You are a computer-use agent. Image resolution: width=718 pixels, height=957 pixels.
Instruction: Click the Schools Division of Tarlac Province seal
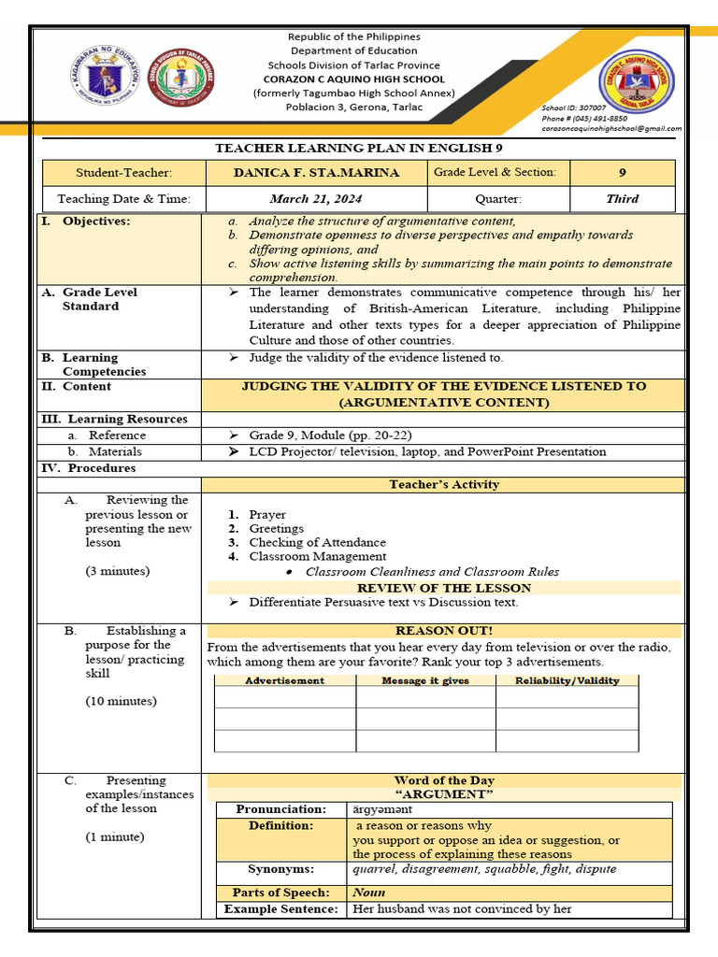pyautogui.click(x=183, y=77)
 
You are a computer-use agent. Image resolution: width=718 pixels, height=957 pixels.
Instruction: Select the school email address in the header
pyautogui.click(x=611, y=129)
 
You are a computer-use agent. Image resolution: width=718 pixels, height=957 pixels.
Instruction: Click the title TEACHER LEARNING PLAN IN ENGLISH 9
pyautogui.click(x=359, y=148)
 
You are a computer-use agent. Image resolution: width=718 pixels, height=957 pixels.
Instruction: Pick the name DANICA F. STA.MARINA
pyautogui.click(x=316, y=173)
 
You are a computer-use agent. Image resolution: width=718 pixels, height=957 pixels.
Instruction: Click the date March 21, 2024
pyautogui.click(x=316, y=198)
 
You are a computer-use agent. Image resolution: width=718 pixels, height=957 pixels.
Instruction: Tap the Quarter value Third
pyautogui.click(x=622, y=198)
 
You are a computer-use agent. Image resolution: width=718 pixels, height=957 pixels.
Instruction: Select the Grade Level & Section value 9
pyautogui.click(x=622, y=173)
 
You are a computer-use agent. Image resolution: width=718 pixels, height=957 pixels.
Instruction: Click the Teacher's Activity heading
pyautogui.click(x=444, y=484)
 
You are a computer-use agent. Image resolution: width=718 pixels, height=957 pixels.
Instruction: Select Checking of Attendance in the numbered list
pyautogui.click(x=317, y=542)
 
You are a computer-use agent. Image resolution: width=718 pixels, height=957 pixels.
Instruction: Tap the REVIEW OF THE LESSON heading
pyautogui.click(x=444, y=588)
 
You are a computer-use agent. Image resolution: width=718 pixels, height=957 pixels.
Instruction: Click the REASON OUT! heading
pyautogui.click(x=444, y=631)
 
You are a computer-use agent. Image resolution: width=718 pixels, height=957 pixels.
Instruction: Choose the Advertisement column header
pyautogui.click(x=284, y=680)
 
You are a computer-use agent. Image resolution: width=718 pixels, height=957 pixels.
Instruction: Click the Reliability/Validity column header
pyautogui.click(x=567, y=680)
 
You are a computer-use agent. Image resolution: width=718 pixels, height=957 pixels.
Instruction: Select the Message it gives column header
pyautogui.click(x=425, y=680)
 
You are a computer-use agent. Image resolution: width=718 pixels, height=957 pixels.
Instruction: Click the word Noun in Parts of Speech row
pyautogui.click(x=368, y=893)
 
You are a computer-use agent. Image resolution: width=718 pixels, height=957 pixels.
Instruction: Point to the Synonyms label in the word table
pyautogui.click(x=280, y=869)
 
